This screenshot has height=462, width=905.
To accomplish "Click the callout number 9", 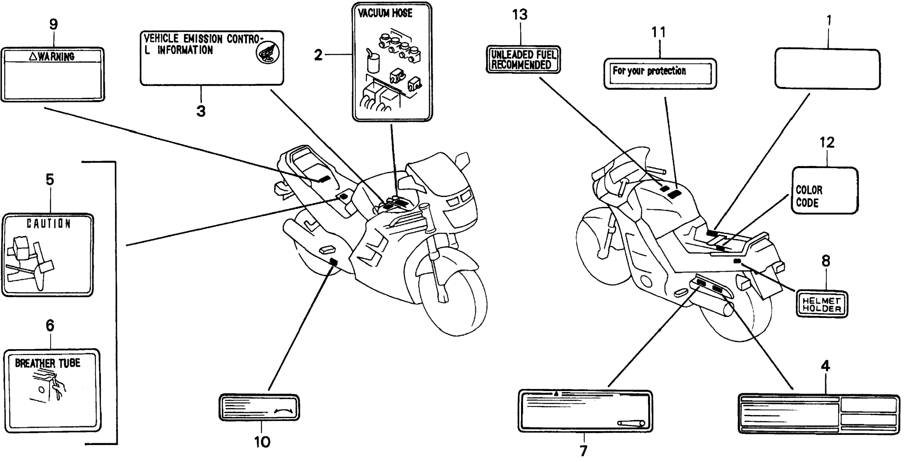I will pos(53,25).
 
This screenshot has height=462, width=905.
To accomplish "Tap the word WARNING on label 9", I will pos(56,56).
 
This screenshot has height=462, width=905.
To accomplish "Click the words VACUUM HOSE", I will pos(385,13).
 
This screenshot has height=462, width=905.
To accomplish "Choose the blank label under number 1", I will pos(827,69).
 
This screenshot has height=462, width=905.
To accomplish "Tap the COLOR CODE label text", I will pos(809,196).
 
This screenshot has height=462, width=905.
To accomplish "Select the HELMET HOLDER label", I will pos(821,305).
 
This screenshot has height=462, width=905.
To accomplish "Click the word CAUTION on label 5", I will pos(49,223).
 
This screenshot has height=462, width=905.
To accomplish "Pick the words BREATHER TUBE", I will pos(47,363).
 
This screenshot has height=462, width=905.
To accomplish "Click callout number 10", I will pos(262,442).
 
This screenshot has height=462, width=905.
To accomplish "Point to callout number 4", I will pos(825,366).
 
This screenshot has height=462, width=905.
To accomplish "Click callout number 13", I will pos(520,15).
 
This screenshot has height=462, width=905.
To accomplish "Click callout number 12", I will pos(827,142).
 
